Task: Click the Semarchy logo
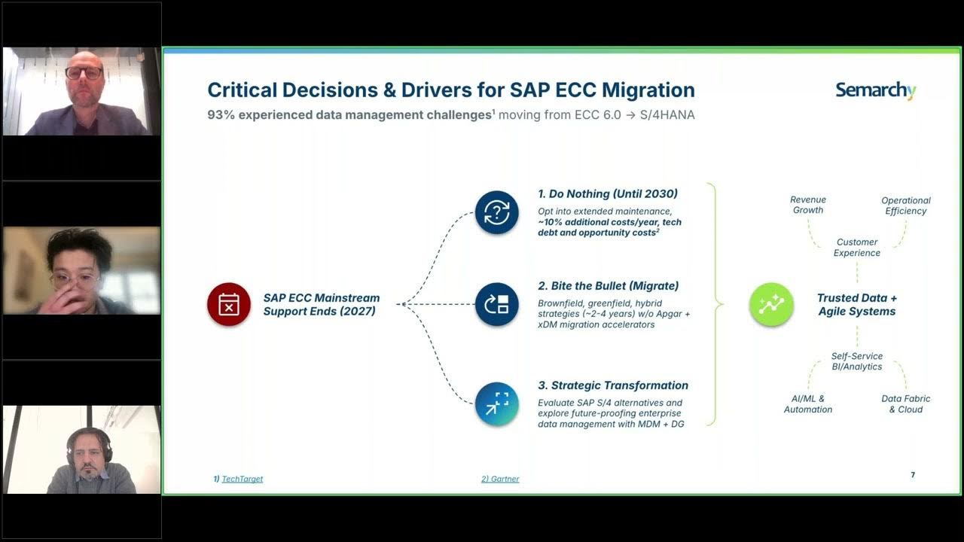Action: (x=875, y=91)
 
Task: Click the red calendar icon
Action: (x=229, y=304)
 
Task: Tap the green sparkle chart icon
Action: (x=771, y=304)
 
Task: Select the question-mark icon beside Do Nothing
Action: (x=497, y=212)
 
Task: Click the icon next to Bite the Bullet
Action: (x=497, y=304)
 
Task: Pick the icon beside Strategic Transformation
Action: (x=497, y=404)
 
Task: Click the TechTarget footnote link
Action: (x=242, y=479)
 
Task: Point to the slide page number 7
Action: (x=913, y=475)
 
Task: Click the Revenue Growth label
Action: (x=808, y=205)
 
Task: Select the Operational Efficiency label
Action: (x=906, y=206)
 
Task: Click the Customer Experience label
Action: (x=857, y=248)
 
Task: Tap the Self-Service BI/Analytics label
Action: (x=857, y=361)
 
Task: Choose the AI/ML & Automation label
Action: (x=808, y=404)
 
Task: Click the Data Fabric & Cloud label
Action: (x=906, y=404)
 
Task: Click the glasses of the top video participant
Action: (x=84, y=74)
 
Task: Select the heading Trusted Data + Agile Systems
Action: (x=857, y=304)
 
